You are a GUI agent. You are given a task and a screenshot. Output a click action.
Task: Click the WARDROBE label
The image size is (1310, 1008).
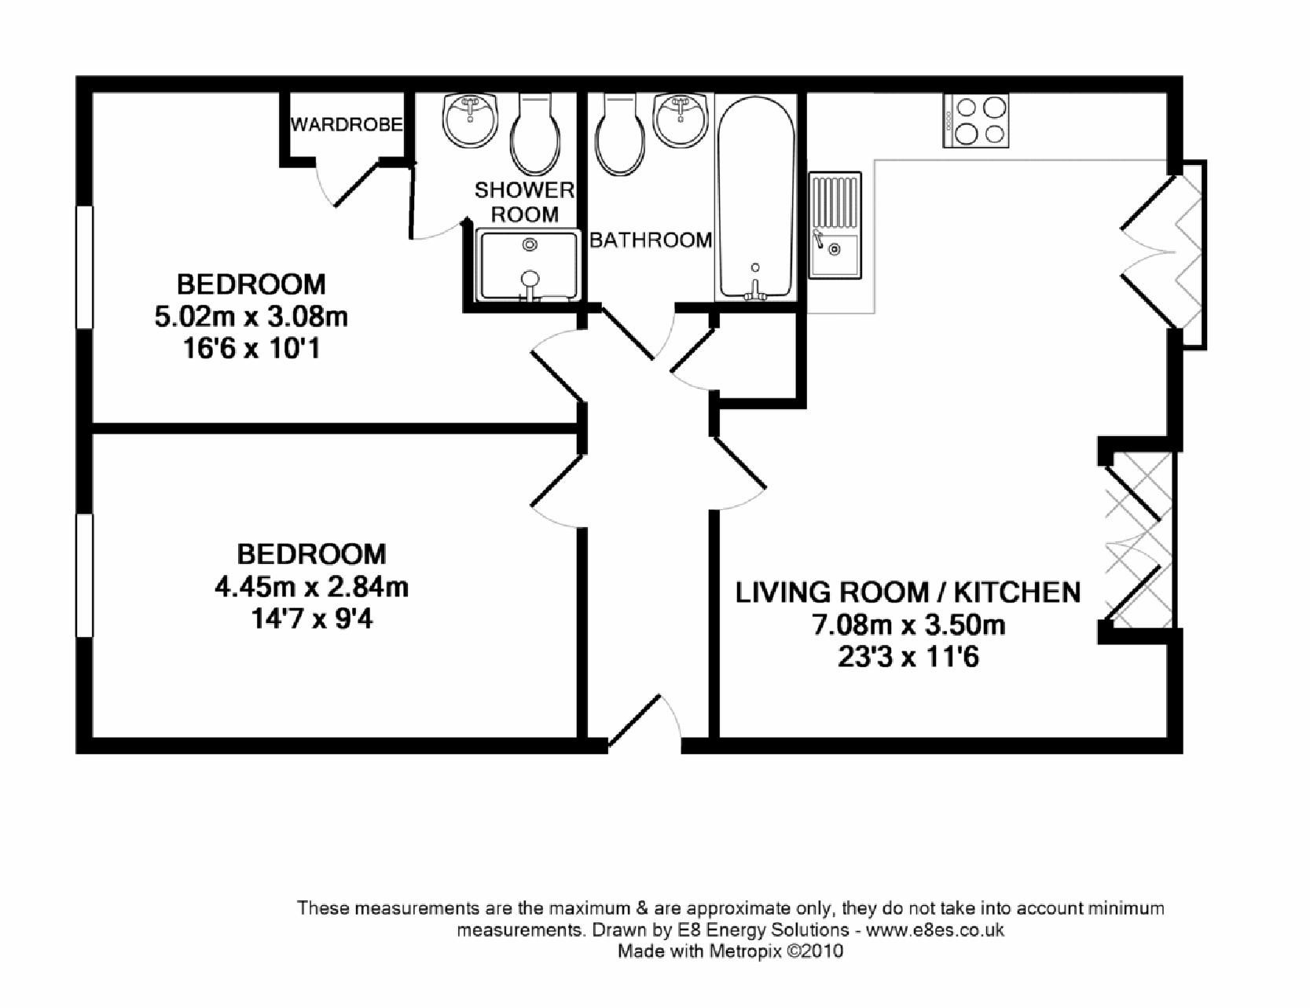[347, 125]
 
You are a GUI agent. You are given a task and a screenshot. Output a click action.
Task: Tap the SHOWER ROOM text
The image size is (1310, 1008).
[524, 202]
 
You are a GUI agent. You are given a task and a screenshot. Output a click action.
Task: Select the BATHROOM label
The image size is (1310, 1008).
[651, 240]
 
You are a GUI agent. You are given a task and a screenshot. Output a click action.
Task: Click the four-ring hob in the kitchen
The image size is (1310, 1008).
[976, 120]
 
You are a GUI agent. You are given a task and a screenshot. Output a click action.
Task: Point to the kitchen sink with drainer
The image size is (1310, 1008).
[835, 225]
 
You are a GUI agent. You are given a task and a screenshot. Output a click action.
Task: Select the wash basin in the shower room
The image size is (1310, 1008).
[470, 120]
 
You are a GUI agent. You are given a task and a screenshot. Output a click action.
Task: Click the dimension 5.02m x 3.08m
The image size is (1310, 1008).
[251, 317]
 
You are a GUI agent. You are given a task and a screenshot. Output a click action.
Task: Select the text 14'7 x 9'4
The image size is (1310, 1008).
[311, 620]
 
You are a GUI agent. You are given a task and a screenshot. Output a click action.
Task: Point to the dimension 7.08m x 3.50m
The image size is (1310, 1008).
[908, 626]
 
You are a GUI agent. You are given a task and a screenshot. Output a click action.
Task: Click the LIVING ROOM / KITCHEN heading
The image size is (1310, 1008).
[908, 592]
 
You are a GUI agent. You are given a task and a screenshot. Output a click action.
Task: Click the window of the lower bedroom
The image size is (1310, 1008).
[85, 575]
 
